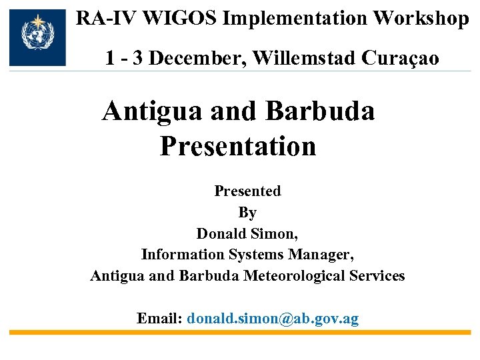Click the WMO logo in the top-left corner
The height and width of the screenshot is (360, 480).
click(38, 37)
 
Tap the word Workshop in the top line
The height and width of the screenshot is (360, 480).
click(421, 18)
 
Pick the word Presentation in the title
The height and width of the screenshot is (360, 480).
click(238, 146)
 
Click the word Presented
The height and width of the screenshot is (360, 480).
click(247, 191)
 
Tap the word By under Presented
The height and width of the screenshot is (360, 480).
click(247, 213)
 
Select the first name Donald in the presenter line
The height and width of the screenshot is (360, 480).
click(222, 233)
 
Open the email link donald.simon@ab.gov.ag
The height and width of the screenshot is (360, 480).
click(273, 318)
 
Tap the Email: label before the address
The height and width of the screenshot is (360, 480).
click(159, 318)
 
